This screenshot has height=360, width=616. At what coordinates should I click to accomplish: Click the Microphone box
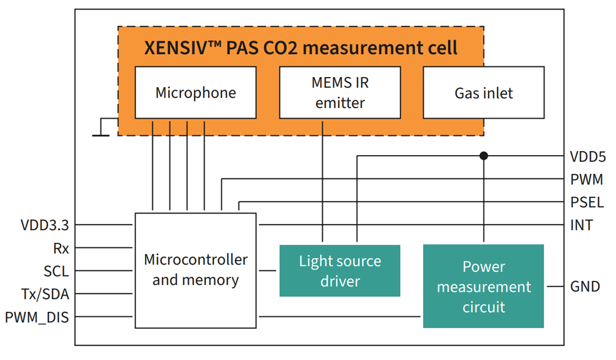196,92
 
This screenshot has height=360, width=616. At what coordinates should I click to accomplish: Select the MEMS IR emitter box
339,92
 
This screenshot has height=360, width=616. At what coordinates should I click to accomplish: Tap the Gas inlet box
483,93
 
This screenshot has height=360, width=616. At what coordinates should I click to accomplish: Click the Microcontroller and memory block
196,270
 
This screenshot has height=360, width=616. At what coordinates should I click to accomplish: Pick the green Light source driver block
339,271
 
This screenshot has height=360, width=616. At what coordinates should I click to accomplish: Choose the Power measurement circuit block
483,287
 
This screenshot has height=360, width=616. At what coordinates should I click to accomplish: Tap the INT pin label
581,225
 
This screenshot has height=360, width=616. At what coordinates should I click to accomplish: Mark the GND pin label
585,286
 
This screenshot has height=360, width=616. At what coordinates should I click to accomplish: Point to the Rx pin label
61,248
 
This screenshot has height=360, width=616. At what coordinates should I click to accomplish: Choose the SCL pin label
56,271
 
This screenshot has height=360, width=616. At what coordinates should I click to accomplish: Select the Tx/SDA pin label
46,294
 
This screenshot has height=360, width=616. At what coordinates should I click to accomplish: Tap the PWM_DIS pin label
37,317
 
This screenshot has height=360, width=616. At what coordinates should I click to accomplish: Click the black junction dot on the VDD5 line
483,156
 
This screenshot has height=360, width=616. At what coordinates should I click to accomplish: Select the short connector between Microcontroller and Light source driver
267,270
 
